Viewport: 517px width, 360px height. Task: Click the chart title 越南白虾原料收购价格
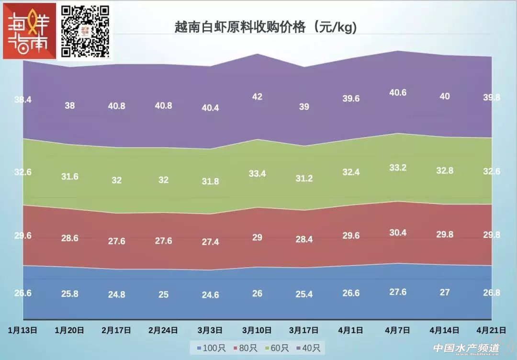266,27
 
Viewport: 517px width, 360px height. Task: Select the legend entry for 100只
207,348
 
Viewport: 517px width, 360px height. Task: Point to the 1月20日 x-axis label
70,330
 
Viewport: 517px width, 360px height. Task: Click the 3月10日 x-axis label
257,330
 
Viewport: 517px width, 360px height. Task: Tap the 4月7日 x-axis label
398,330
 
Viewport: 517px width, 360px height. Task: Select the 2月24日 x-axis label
163,330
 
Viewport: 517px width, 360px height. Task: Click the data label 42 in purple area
257,96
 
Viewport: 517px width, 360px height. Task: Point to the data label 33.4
257,173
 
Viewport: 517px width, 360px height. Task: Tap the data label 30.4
398,233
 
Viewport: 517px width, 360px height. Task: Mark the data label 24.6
210,295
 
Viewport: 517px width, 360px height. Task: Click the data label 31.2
304,179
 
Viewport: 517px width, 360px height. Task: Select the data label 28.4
304,239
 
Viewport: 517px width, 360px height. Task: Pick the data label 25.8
70,293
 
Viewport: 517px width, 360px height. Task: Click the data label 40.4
210,108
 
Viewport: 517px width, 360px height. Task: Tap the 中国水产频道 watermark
466,348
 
